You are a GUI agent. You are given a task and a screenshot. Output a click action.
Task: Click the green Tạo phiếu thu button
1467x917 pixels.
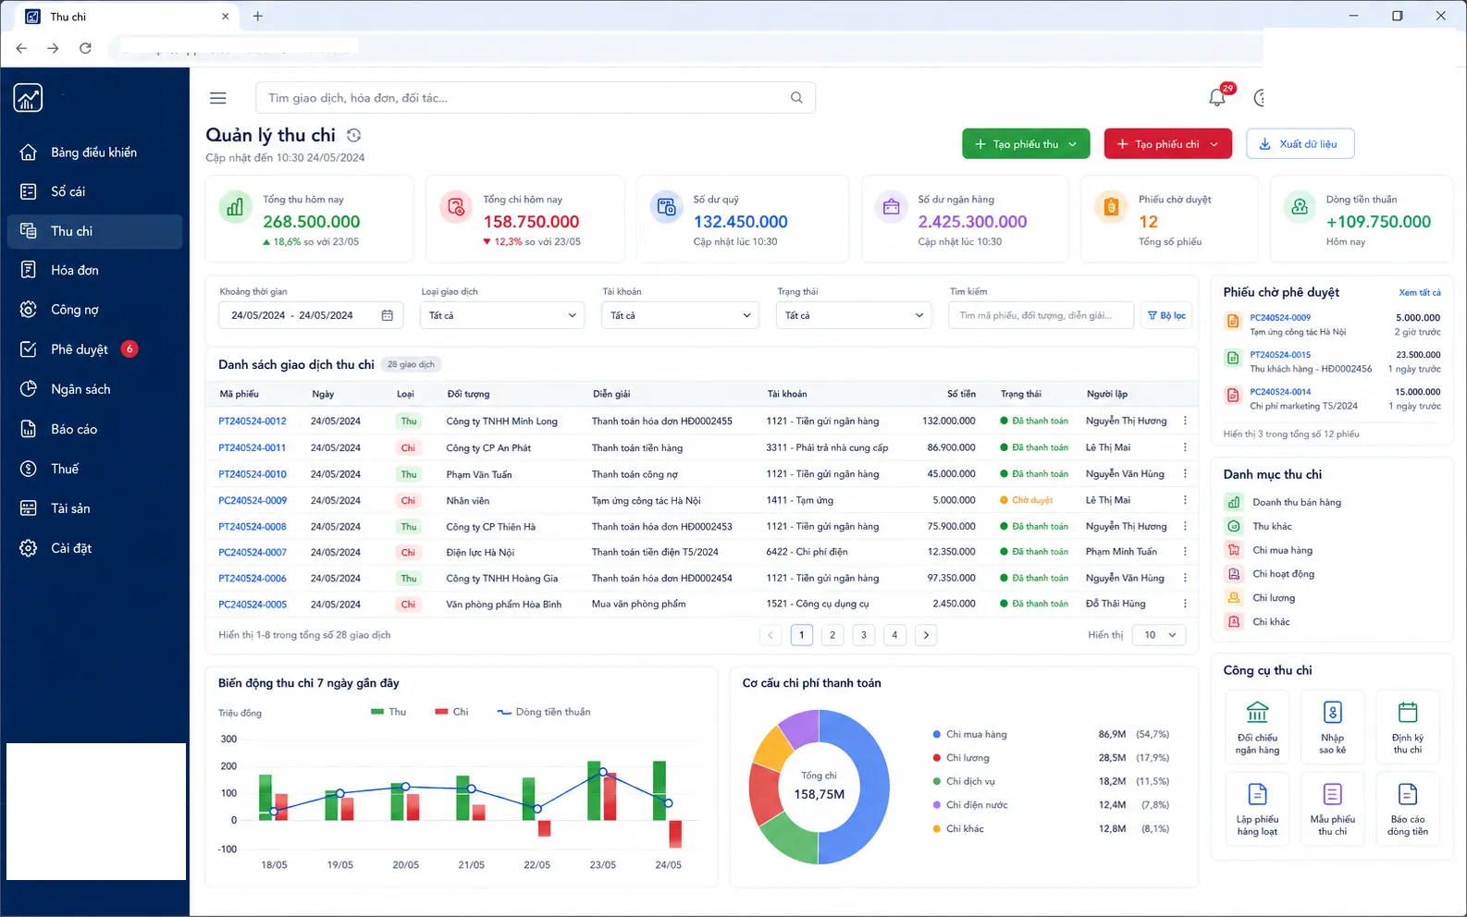pos(1026,144)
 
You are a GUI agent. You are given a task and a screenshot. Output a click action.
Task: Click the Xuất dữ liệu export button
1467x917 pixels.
pos(1300,144)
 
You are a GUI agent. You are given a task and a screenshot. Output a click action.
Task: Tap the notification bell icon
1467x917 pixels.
pos(1217,98)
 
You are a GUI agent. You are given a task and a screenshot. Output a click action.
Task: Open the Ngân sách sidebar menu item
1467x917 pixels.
pos(80,389)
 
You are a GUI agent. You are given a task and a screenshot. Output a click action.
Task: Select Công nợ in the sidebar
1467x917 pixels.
pos(75,310)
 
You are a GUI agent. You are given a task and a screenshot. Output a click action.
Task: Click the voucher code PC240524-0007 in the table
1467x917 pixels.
pos(253,552)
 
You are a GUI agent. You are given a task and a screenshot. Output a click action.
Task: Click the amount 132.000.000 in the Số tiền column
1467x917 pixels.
pos(948,421)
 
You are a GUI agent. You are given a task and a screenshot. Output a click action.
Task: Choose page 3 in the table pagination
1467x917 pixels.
pos(863,635)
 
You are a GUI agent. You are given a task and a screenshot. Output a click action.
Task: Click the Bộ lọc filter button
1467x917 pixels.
pos(1166,315)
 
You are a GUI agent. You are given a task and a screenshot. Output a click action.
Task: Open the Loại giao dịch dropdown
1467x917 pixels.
pos(501,315)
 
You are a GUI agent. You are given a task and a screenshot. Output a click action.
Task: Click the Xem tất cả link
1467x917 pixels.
pos(1419,293)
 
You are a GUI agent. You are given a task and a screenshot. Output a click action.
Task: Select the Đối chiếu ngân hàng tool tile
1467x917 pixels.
pos(1257,727)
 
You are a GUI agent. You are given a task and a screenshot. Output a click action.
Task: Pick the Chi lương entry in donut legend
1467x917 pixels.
pos(968,758)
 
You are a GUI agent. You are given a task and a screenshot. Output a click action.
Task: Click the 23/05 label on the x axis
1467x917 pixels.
pos(602,864)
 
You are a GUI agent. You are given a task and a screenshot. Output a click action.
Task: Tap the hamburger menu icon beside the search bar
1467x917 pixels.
pos(218,98)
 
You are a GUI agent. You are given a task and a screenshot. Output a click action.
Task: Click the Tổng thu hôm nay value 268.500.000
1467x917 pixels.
pos(312,222)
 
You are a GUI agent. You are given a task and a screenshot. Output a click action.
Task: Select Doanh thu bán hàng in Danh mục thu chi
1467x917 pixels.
pos(1296,502)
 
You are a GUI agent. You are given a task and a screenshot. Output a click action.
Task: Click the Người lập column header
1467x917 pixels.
pos(1107,394)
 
